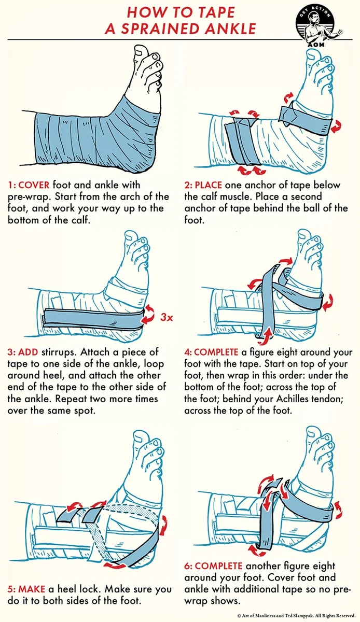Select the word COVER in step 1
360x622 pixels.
click(34, 185)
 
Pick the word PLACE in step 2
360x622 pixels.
click(209, 185)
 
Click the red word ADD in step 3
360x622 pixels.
click(28, 352)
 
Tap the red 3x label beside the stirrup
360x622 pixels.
click(166, 317)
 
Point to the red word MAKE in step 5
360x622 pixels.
click(32, 589)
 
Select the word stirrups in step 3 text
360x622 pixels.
click(60, 352)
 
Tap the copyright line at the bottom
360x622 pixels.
click(297, 615)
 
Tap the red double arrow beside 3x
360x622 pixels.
click(148, 314)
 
